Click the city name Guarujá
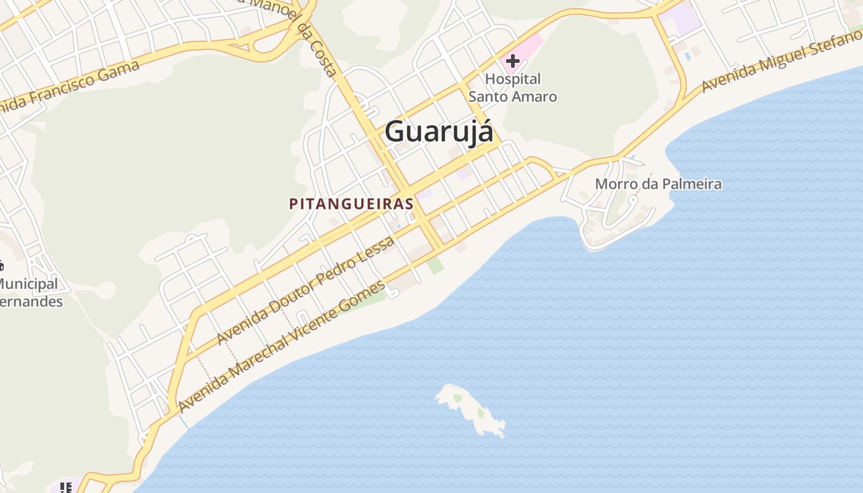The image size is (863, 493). pos(439,132)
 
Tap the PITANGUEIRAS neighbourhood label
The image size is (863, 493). pos(351,204)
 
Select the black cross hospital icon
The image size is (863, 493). pos(512,61)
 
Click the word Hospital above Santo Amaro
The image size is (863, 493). pos(512,79)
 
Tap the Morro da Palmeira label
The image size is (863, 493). pos(658,184)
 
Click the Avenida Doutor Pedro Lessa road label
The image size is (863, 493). pos(306,291)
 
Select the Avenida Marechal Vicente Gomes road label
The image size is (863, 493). pos(282,346)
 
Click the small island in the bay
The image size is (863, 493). pos(471,409)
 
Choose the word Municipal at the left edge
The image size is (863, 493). pos(28,284)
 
